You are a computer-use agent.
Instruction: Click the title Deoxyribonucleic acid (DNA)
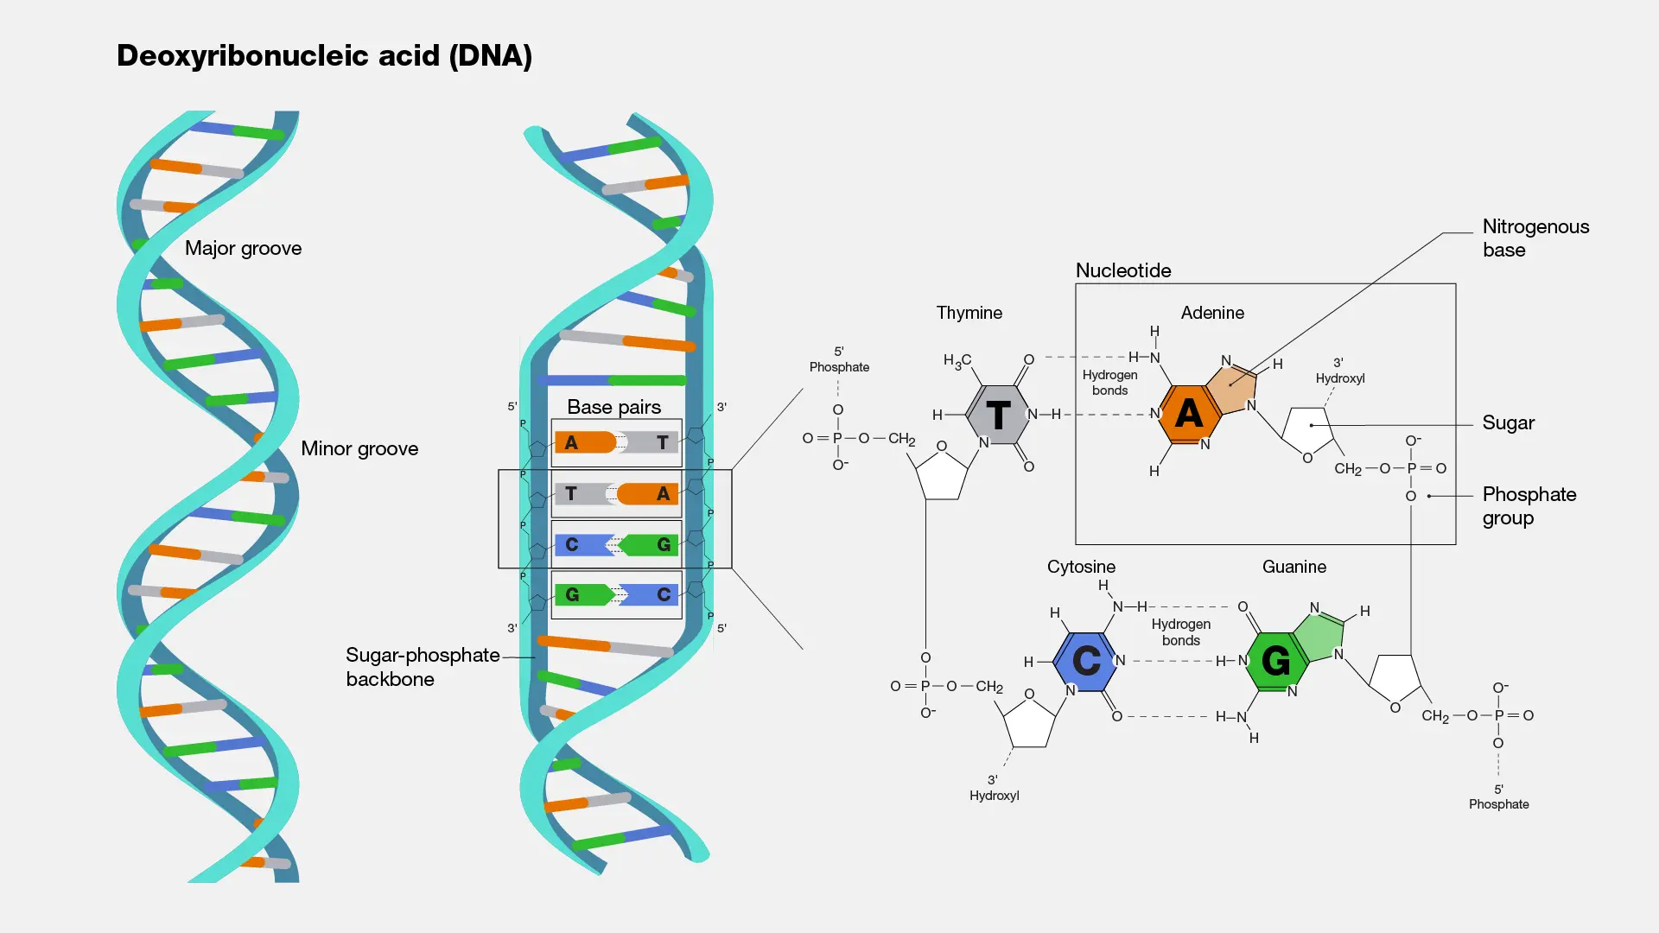point(324,56)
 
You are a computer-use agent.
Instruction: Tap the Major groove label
point(243,249)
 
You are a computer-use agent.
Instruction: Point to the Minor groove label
point(359,449)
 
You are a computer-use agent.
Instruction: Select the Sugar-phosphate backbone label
point(422,667)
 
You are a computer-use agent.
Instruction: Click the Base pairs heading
point(613,407)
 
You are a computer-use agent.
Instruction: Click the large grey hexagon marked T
point(998,416)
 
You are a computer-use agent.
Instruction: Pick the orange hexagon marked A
point(1189,414)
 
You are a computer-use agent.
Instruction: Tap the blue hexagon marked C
point(1086,661)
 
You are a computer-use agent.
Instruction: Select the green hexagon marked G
point(1275,661)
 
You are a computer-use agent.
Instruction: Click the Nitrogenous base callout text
point(1535,238)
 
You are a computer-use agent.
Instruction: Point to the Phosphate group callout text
point(1529,506)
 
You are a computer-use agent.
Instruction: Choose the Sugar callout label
point(1508,423)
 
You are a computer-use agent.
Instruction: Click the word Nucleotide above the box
point(1122,270)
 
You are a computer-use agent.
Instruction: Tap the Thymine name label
point(969,313)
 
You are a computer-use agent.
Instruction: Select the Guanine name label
point(1294,567)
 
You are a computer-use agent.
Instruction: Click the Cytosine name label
point(1081,567)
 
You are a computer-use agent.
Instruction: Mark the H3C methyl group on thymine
point(957,361)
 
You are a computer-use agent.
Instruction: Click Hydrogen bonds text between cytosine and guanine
point(1180,632)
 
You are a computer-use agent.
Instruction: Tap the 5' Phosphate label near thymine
point(839,359)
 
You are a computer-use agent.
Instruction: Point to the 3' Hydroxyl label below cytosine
point(994,788)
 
